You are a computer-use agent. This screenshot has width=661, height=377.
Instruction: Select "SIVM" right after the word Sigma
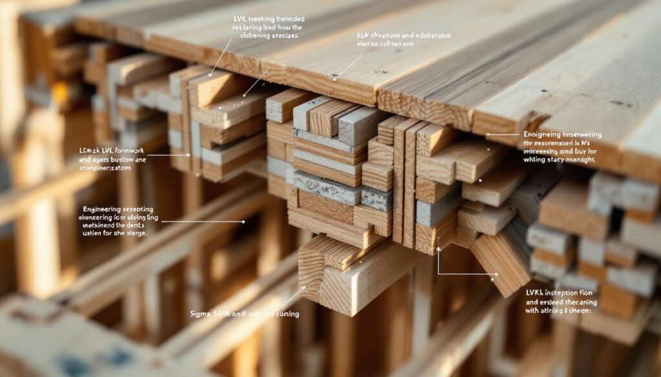point(223,313)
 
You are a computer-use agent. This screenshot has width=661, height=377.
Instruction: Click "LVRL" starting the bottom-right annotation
point(536,292)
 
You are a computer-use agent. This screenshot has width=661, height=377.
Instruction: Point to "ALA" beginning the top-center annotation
point(363,35)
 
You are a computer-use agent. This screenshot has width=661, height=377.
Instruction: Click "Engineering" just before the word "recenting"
point(103,209)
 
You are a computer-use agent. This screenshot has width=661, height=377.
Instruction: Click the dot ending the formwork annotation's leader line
point(189,155)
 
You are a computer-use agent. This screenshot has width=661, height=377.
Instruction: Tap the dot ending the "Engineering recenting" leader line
point(243,222)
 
